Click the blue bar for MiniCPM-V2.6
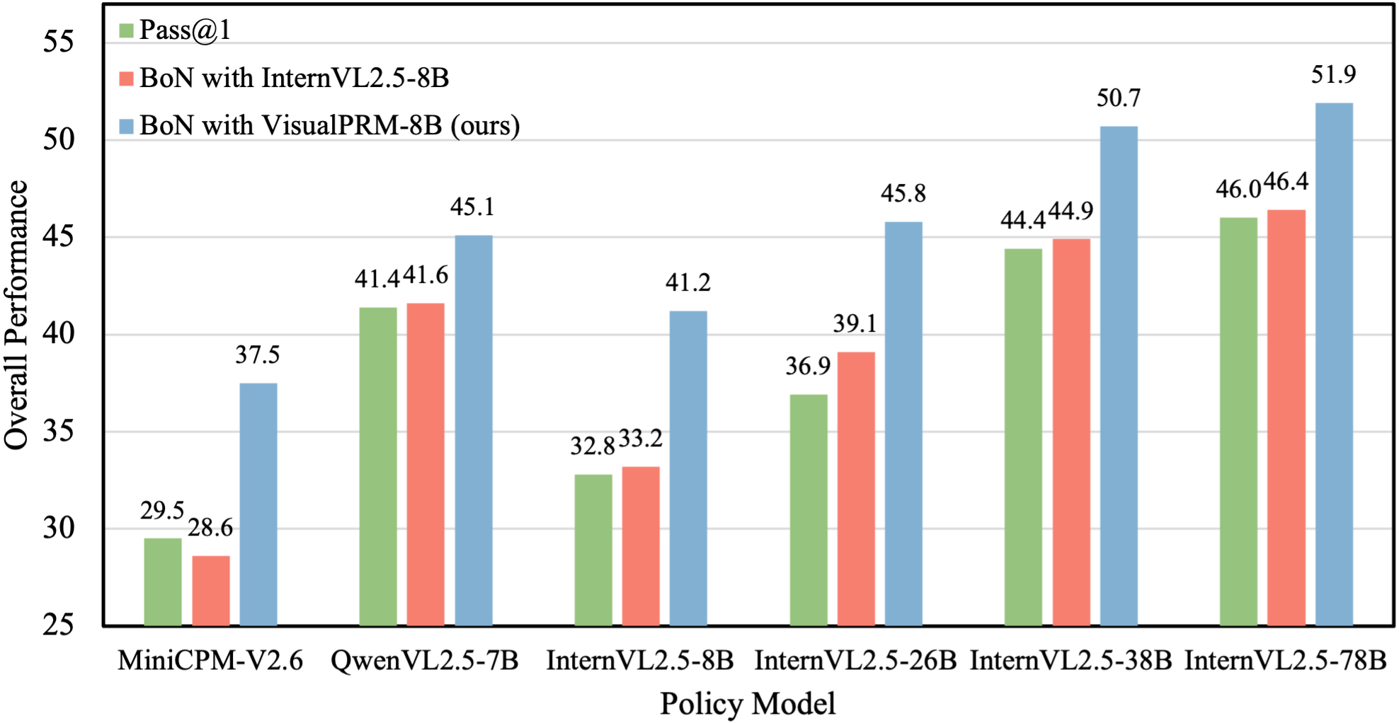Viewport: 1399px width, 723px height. tap(258, 504)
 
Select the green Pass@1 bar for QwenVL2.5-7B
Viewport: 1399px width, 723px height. tap(378, 466)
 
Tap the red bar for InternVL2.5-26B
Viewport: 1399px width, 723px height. tap(856, 488)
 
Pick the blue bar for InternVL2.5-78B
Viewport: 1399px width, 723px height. tap(1334, 364)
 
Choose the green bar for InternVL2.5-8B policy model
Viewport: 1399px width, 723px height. tap(593, 550)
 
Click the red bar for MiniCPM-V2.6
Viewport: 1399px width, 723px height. tap(211, 590)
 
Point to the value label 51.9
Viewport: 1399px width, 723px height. tap(1333, 75)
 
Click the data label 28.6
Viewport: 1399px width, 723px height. tap(210, 527)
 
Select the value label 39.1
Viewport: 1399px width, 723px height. tap(855, 323)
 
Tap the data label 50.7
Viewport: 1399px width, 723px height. tap(1119, 98)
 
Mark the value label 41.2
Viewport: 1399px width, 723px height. tap(687, 283)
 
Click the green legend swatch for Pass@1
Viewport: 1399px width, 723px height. tap(127, 30)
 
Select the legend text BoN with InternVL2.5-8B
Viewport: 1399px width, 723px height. tap(294, 78)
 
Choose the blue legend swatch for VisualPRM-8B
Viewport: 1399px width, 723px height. tap(127, 126)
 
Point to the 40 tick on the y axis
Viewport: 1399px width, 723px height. tap(58, 333)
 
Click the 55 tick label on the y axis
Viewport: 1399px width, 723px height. tap(58, 42)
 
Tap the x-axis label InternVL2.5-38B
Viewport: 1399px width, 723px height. tap(1070, 660)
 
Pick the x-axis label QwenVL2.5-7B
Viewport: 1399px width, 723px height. tap(425, 660)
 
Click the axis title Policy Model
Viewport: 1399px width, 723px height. tap(748, 704)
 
